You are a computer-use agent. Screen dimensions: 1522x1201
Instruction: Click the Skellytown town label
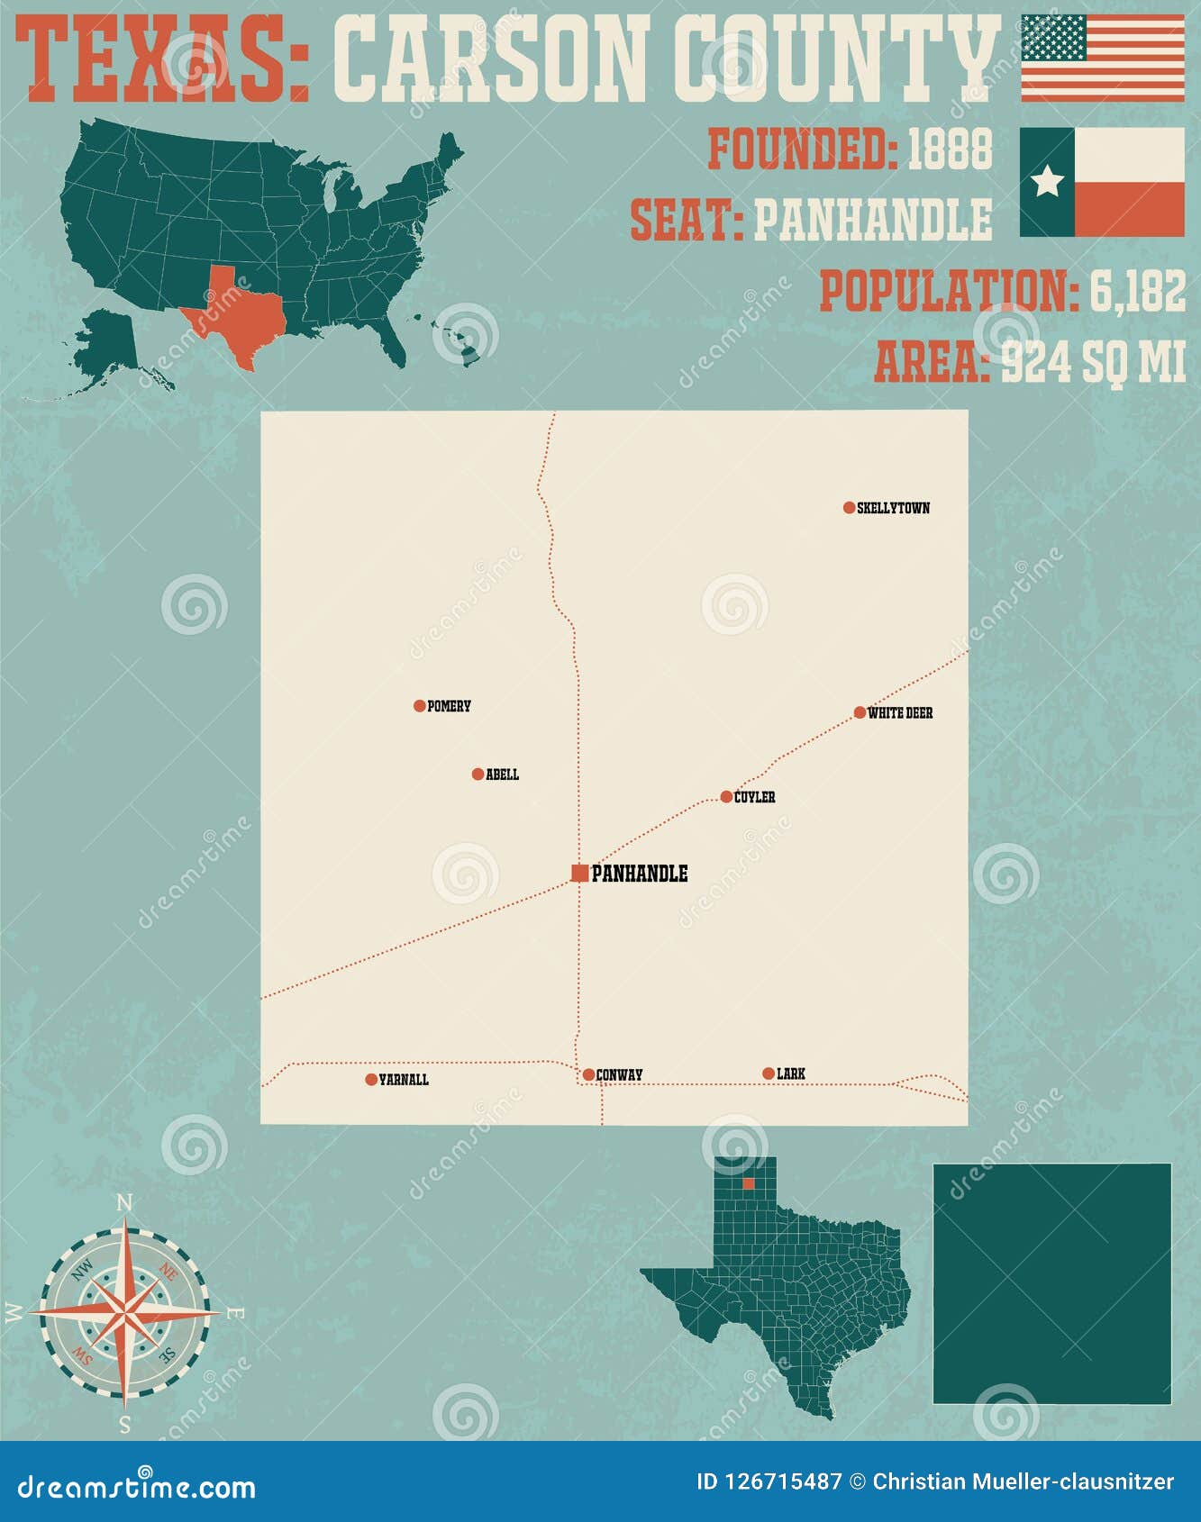pyautogui.click(x=893, y=508)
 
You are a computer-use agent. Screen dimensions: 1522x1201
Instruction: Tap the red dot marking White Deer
pyautogui.click(x=860, y=712)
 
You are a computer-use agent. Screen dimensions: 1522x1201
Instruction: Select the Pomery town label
pyautogui.click(x=449, y=706)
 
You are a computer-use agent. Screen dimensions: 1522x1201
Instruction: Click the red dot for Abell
pyautogui.click(x=478, y=774)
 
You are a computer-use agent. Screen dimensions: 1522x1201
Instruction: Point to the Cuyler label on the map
pyautogui.click(x=754, y=797)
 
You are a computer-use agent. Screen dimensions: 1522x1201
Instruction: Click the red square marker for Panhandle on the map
pyautogui.click(x=580, y=873)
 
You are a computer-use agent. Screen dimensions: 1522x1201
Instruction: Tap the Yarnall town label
pyautogui.click(x=404, y=1080)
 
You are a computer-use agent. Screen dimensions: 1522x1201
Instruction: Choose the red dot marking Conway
pyautogui.click(x=588, y=1074)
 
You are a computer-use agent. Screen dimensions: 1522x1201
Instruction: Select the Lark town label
pyautogui.click(x=791, y=1074)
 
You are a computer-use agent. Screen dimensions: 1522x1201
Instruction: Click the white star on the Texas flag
pyautogui.click(x=1047, y=181)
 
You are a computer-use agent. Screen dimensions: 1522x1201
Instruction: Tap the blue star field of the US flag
pyautogui.click(x=1053, y=37)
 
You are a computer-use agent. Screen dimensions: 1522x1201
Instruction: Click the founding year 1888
pyautogui.click(x=949, y=149)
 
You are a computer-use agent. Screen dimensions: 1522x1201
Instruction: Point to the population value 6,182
pyautogui.click(x=1137, y=291)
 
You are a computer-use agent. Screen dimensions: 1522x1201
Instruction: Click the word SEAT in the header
pyautogui.click(x=685, y=220)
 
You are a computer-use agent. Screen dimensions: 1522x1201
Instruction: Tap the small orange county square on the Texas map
pyautogui.click(x=748, y=1183)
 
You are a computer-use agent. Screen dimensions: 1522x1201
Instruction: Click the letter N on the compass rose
pyautogui.click(x=125, y=1203)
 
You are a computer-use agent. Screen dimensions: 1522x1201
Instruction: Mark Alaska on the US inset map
pyautogui.click(x=104, y=347)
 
